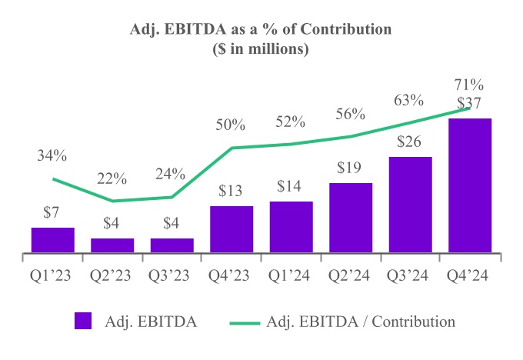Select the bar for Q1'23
(52, 240)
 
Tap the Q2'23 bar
(112, 245)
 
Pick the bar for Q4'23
(232, 229)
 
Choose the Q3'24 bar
(410, 205)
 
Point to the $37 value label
(469, 103)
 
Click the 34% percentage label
(52, 156)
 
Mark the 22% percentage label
(112, 178)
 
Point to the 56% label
(350, 114)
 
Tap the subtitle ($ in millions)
(261, 49)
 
